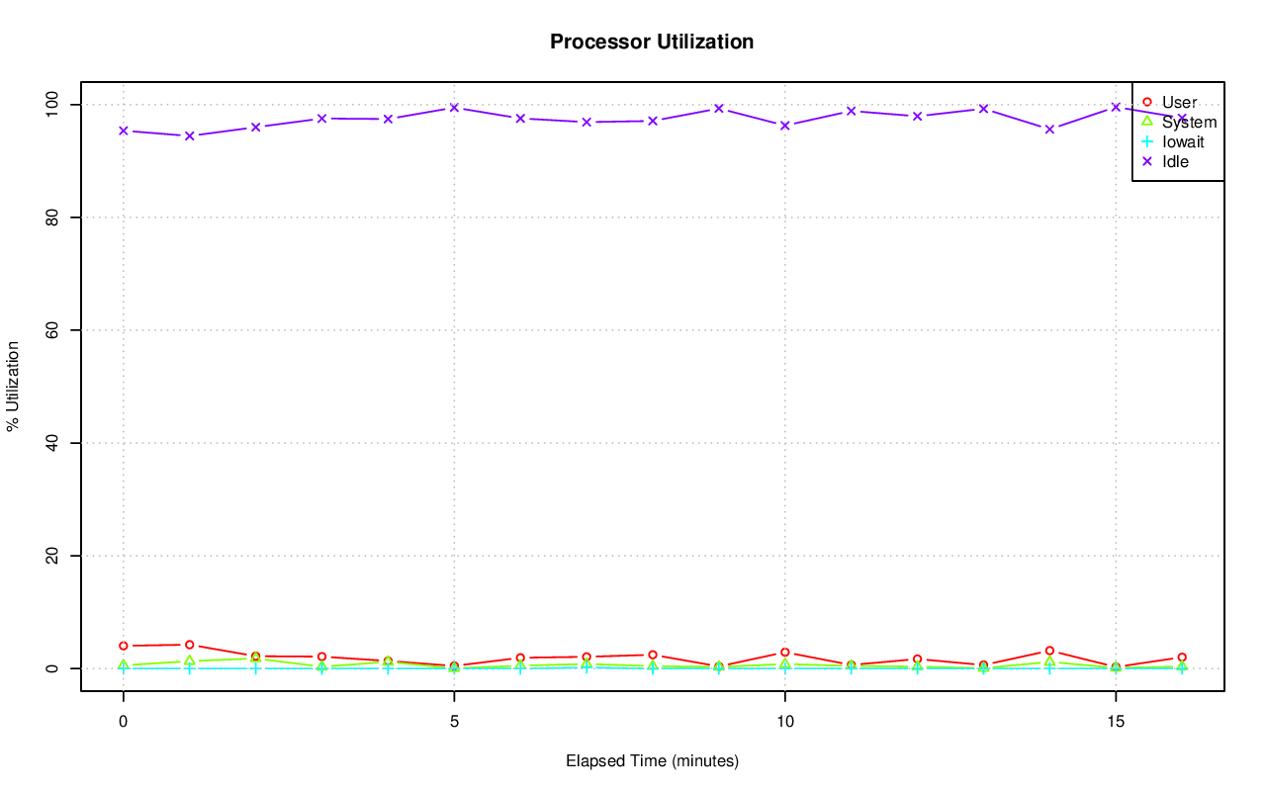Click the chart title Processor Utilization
(652, 42)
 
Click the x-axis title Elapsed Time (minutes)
(652, 761)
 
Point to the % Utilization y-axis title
(14, 387)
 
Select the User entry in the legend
(1179, 102)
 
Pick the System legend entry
(1189, 122)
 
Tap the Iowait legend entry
(1183, 141)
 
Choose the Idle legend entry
(1175, 161)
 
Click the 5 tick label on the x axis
(454, 722)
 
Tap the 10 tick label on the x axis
(784, 722)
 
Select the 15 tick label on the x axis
(1116, 722)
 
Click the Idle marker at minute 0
(124, 131)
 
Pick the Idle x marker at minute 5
(454, 108)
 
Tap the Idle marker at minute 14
(1049, 130)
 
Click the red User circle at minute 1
(189, 645)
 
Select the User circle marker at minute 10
(784, 653)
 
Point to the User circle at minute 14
(1049, 651)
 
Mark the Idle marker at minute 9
(719, 109)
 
